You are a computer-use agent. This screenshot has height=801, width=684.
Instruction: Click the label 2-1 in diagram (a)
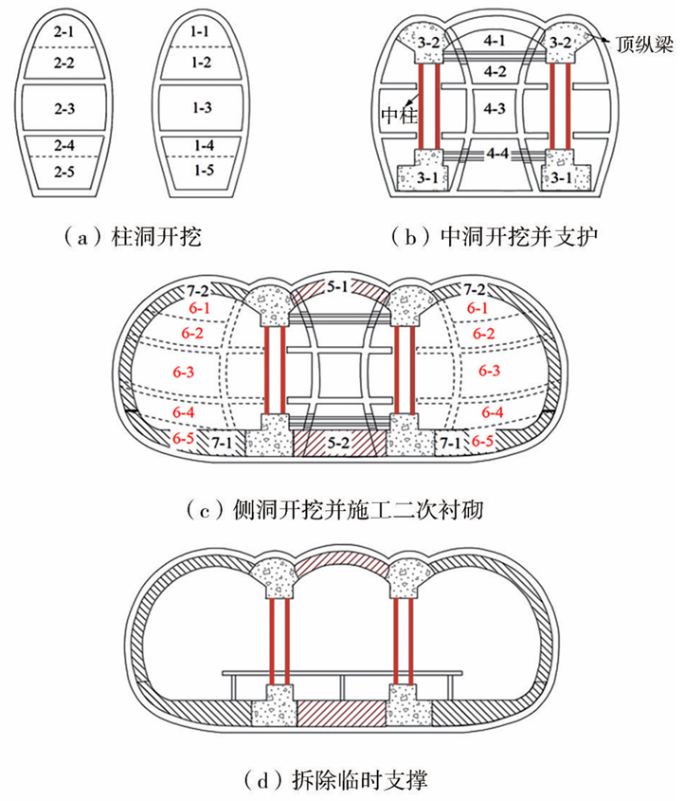click(x=64, y=32)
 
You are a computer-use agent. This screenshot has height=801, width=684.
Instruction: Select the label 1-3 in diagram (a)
click(x=200, y=109)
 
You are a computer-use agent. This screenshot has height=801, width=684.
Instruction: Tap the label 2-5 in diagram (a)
click(x=64, y=172)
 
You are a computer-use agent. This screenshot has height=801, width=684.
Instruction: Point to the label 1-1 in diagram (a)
click(x=200, y=32)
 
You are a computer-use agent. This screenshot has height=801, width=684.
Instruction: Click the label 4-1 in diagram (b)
click(x=494, y=42)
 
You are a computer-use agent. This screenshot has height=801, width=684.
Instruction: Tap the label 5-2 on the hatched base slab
click(x=341, y=444)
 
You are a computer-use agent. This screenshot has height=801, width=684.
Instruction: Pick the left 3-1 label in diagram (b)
click(x=416, y=176)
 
